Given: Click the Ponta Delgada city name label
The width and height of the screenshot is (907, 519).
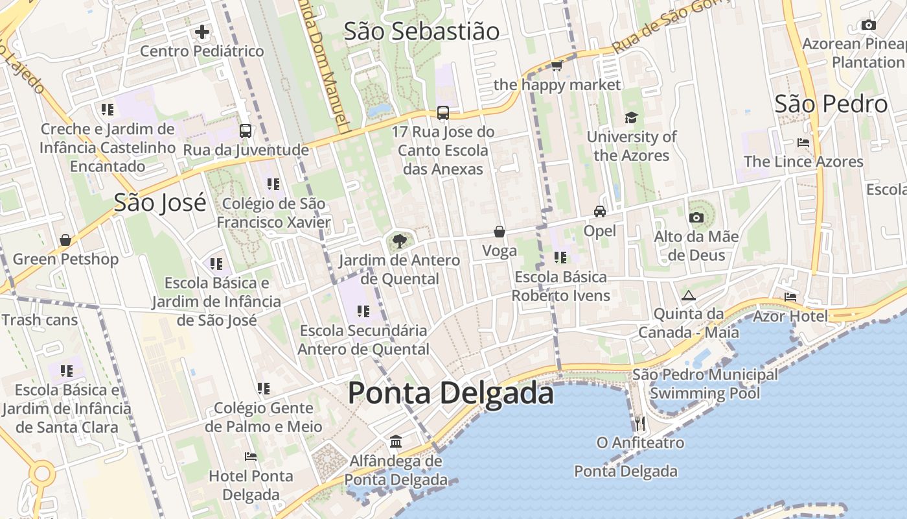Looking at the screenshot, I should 451,394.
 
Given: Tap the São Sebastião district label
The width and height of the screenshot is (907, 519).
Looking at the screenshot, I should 422,31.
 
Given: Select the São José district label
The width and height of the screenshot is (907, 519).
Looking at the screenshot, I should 160,202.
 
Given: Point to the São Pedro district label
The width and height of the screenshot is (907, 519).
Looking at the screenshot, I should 831,104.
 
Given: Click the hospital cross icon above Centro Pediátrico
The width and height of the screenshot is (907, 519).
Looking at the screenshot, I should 202,31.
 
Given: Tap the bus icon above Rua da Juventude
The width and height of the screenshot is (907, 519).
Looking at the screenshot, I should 246,130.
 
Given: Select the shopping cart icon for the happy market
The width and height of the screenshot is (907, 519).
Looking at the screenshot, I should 557,66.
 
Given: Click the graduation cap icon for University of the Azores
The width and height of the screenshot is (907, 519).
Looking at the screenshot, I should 631,117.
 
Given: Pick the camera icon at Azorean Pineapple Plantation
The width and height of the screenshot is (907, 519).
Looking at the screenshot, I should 869,25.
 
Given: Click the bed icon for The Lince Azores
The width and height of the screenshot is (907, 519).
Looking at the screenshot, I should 803,142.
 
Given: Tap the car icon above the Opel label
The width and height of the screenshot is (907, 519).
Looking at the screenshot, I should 600,211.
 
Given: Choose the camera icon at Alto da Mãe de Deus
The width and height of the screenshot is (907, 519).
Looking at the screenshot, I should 696,217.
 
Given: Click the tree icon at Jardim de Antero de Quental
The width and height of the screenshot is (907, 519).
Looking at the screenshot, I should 400,241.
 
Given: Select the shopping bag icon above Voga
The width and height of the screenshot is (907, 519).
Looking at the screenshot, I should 499,232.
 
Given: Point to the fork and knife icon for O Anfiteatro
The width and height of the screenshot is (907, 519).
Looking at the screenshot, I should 640,424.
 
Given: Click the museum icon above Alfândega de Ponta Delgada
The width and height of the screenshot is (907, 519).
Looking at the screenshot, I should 396,442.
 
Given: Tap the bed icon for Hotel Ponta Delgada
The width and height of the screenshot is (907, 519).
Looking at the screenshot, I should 251,457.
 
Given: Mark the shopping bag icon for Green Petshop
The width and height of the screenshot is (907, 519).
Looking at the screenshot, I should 65,240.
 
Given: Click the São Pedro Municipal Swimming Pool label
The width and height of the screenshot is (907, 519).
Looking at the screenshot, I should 705,383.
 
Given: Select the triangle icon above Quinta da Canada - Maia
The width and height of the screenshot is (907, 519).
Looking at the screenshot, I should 688,295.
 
